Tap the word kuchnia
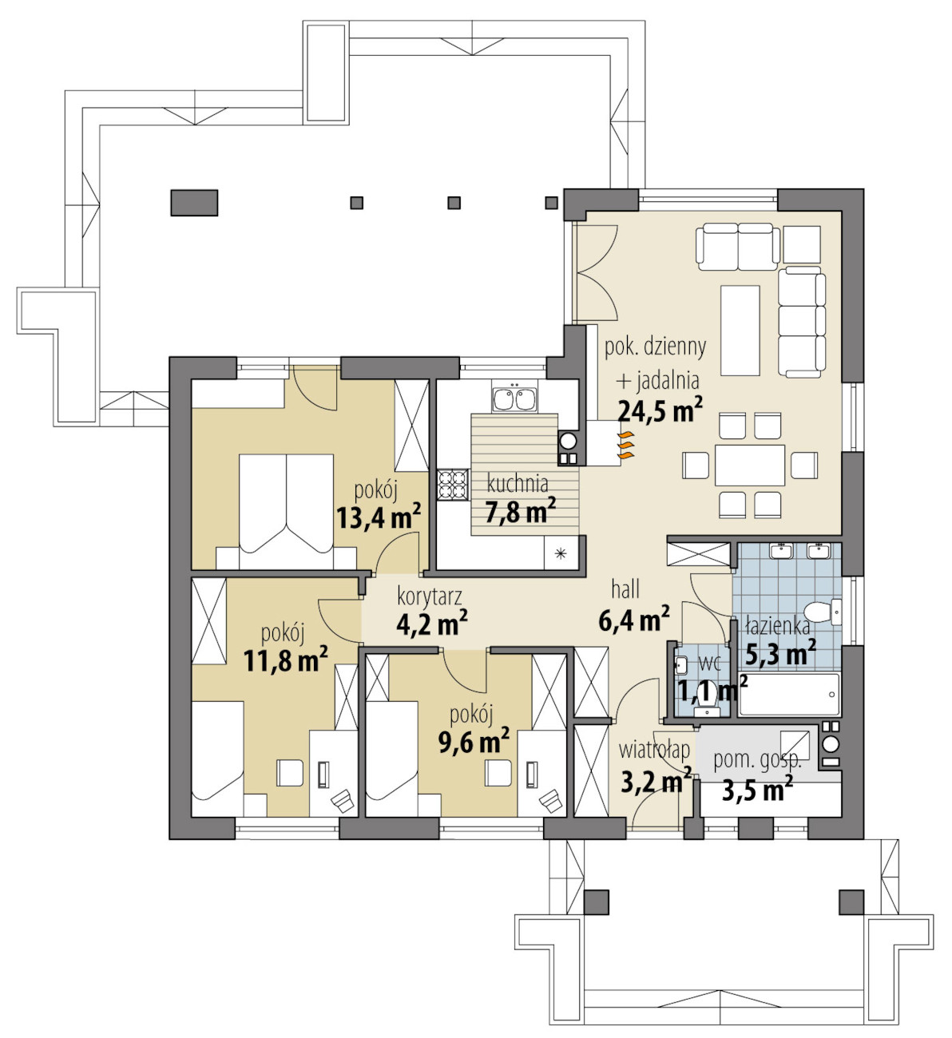(x=518, y=483)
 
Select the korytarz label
(x=429, y=596)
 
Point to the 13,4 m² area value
(x=379, y=517)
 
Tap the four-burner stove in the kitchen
(x=453, y=484)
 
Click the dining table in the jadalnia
(x=750, y=465)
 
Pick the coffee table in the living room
(x=740, y=331)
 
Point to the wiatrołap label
(x=654, y=749)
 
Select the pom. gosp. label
(x=758, y=760)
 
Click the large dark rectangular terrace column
(x=194, y=202)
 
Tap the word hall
(x=625, y=589)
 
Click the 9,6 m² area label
(x=474, y=743)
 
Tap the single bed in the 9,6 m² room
(x=391, y=758)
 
